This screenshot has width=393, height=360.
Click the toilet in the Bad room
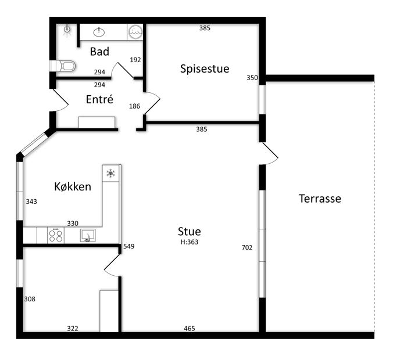coord(63,66)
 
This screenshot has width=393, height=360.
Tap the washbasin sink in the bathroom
coord(99,32)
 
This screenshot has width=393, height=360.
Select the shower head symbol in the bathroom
coord(67,30)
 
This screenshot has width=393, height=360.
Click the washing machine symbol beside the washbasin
coord(135,32)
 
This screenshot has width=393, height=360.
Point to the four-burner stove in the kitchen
coord(56,235)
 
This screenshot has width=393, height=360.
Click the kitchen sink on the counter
coord(88,235)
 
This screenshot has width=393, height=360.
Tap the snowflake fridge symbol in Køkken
coord(110,173)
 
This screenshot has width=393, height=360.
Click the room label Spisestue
coord(205,69)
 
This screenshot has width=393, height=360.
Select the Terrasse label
coord(320,199)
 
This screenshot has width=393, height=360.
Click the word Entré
coord(99,99)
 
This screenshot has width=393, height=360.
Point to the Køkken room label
coord(73,186)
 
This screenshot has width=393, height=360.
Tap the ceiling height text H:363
coord(190,242)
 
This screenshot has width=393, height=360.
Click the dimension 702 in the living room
coord(247,247)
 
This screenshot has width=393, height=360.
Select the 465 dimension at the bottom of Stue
coord(189,328)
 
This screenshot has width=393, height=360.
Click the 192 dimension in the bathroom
coord(135,60)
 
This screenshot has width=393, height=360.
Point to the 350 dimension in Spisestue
coord(252,78)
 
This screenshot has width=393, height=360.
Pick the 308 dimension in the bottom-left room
coord(30,299)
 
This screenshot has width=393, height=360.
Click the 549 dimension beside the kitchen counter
coord(129,246)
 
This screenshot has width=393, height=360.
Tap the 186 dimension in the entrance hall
coord(135,106)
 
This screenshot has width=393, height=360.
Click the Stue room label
coord(189,232)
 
